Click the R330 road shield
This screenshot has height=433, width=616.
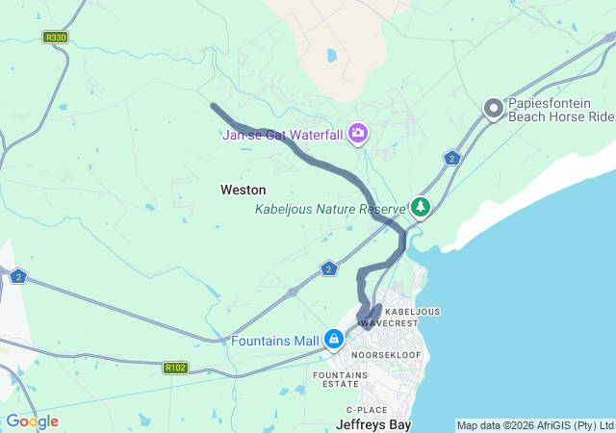(x=56, y=38)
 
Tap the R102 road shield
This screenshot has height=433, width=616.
(x=175, y=367)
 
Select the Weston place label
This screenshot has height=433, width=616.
(x=243, y=190)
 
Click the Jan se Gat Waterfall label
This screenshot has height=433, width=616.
(x=282, y=135)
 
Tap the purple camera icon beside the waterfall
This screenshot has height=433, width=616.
(x=358, y=133)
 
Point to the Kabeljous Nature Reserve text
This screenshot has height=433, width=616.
(x=329, y=209)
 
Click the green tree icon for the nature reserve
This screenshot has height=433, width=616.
(x=421, y=206)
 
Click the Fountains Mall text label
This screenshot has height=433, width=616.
(x=275, y=341)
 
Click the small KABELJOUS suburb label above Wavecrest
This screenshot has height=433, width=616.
(x=412, y=312)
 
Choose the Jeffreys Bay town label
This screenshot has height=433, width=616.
(x=373, y=423)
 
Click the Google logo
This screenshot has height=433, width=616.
(x=32, y=421)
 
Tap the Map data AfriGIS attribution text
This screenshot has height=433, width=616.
(x=534, y=425)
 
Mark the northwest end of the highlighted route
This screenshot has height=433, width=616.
(x=213, y=106)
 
